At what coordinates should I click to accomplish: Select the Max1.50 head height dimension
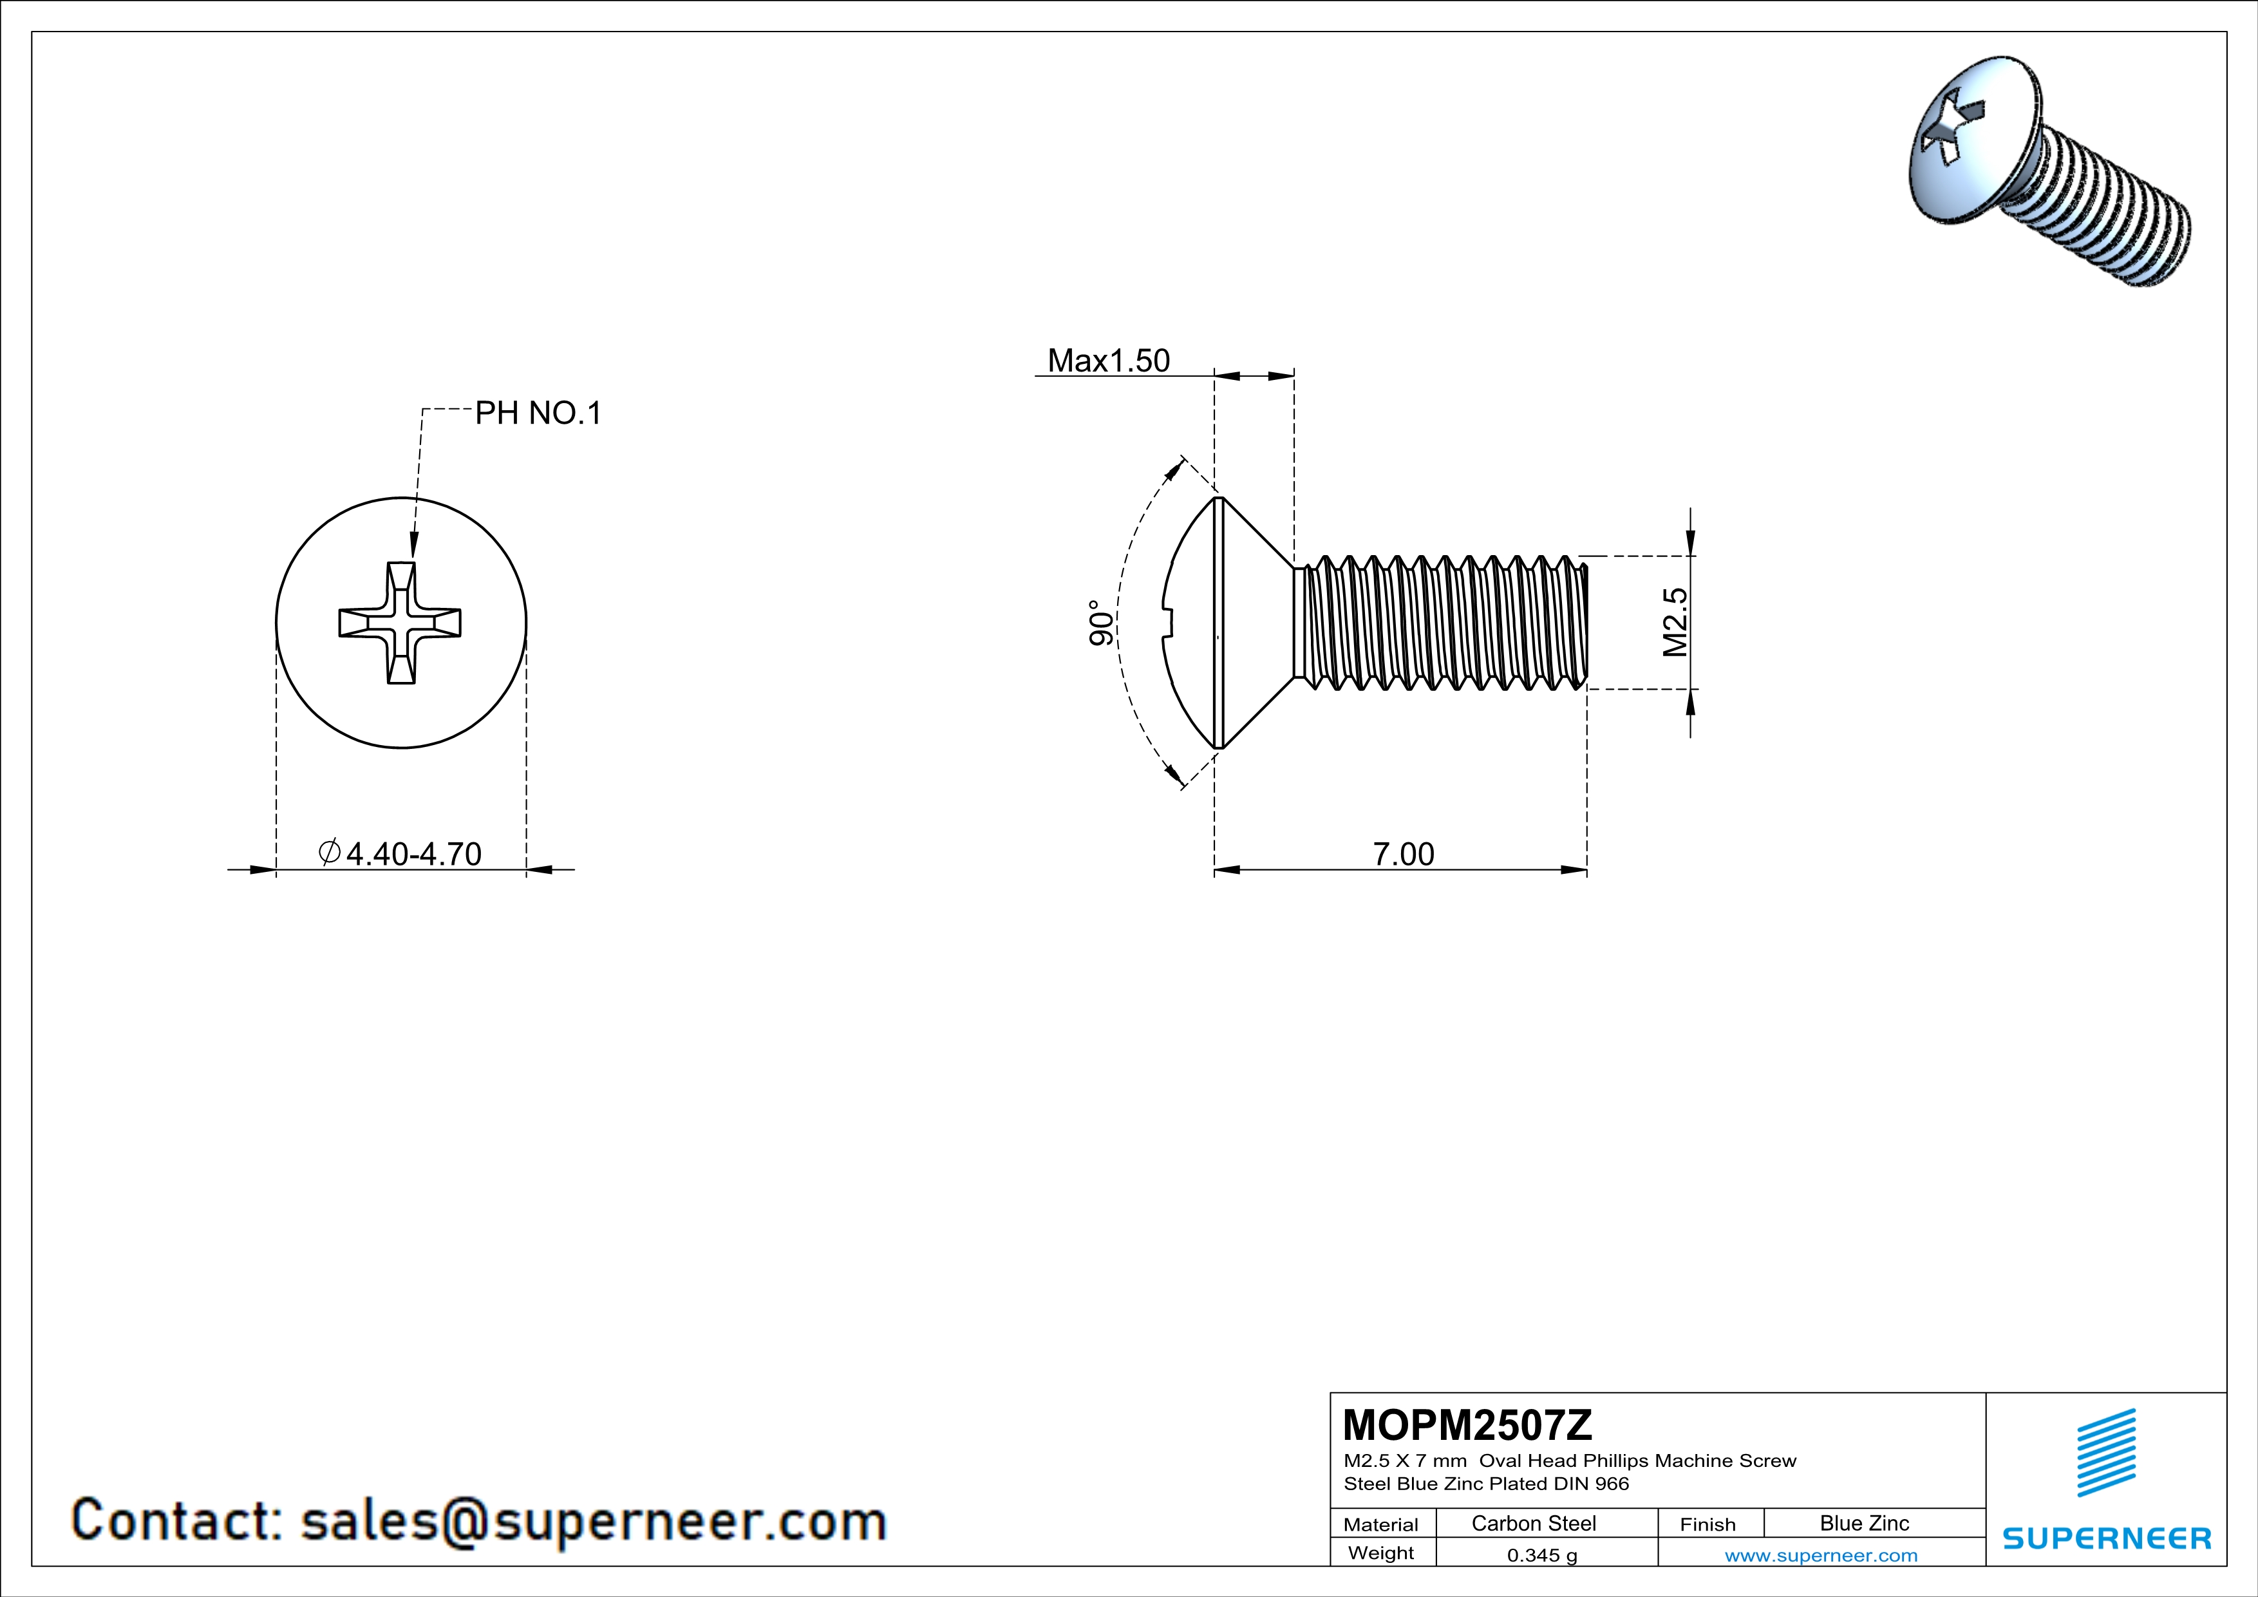[1108, 361]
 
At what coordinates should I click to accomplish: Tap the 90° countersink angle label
[1102, 623]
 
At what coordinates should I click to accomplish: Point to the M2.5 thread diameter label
[1675, 623]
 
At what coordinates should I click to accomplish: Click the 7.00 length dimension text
[1404, 854]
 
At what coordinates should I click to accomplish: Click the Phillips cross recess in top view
[400, 623]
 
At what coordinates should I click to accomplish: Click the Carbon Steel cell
[1533, 1523]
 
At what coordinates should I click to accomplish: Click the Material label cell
[1381, 1524]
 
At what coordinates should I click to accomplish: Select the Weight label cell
[1381, 1553]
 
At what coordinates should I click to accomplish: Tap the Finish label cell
[1708, 1524]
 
